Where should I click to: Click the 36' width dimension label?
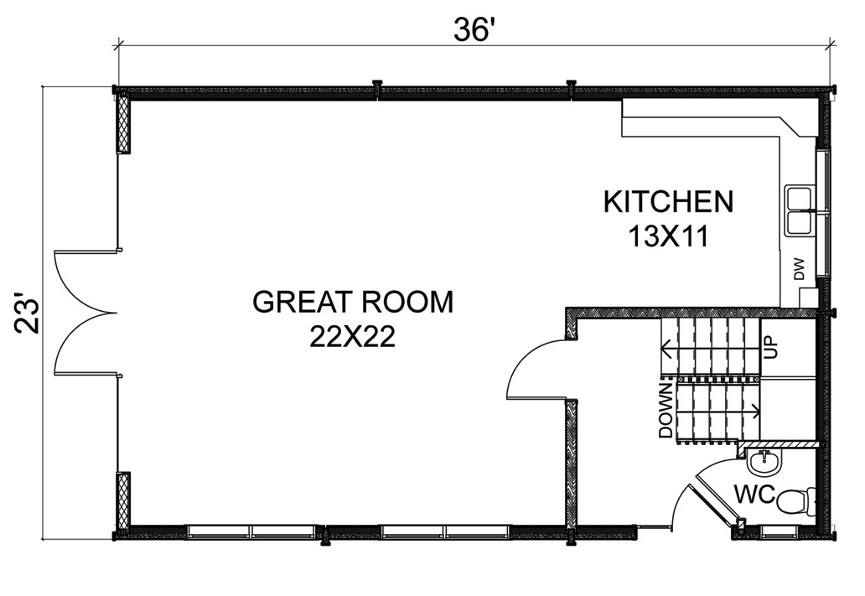coord(472,29)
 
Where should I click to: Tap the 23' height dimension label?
coord(27,316)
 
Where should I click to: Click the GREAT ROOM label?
coord(353,302)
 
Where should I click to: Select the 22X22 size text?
coord(353,336)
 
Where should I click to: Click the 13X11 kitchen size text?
coord(669,236)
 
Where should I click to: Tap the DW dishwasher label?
coord(800,270)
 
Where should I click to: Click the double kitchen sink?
coord(800,211)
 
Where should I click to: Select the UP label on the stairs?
coord(770,348)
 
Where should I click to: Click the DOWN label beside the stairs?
coord(666,410)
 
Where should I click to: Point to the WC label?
coord(754,494)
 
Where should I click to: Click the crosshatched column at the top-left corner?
coord(123,123)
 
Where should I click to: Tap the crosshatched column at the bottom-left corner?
coord(123,500)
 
